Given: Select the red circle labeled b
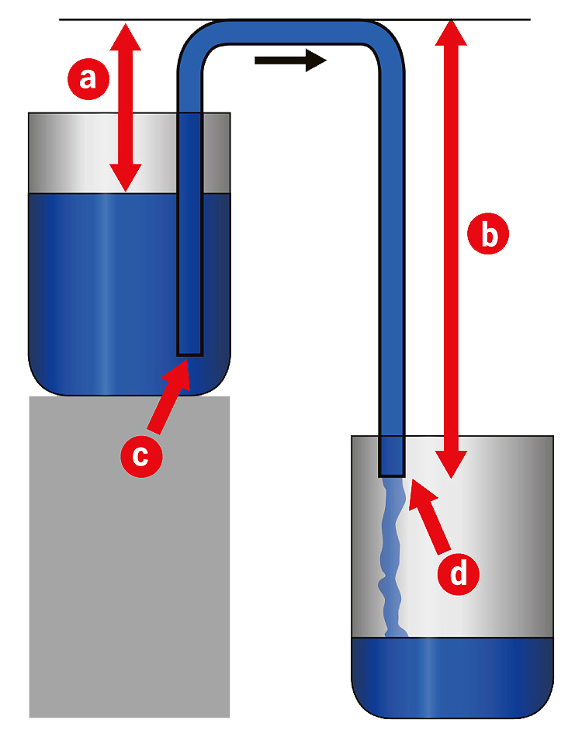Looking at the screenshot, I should [x=490, y=234].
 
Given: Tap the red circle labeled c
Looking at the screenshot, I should [x=140, y=455].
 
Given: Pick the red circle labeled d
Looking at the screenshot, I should [x=459, y=573].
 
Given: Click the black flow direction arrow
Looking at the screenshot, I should [x=290, y=60].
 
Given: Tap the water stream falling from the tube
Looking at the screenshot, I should [x=391, y=559].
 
